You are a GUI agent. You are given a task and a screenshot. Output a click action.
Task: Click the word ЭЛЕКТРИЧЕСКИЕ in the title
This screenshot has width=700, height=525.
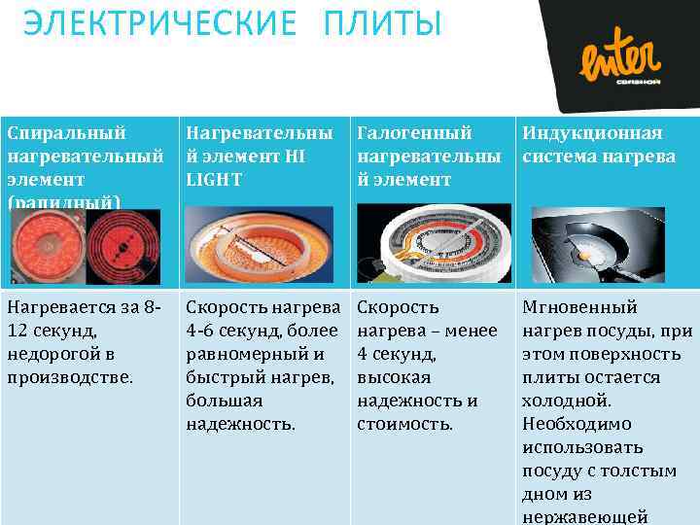click(x=159, y=23)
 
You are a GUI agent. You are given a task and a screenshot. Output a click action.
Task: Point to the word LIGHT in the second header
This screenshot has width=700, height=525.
click(x=214, y=180)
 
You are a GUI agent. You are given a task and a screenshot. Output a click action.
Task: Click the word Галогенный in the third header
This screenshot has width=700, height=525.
click(x=415, y=133)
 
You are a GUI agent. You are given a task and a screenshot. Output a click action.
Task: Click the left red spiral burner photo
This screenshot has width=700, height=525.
click(x=46, y=243)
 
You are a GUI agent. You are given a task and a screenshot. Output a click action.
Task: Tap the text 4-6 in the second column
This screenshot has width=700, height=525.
click(x=200, y=331)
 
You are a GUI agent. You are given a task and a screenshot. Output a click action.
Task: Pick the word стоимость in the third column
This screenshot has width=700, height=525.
click(x=403, y=424)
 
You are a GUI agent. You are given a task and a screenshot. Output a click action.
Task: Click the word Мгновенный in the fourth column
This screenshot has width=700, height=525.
click(x=580, y=307)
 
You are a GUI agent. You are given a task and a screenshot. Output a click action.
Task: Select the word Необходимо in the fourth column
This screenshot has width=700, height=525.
click(x=577, y=424)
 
